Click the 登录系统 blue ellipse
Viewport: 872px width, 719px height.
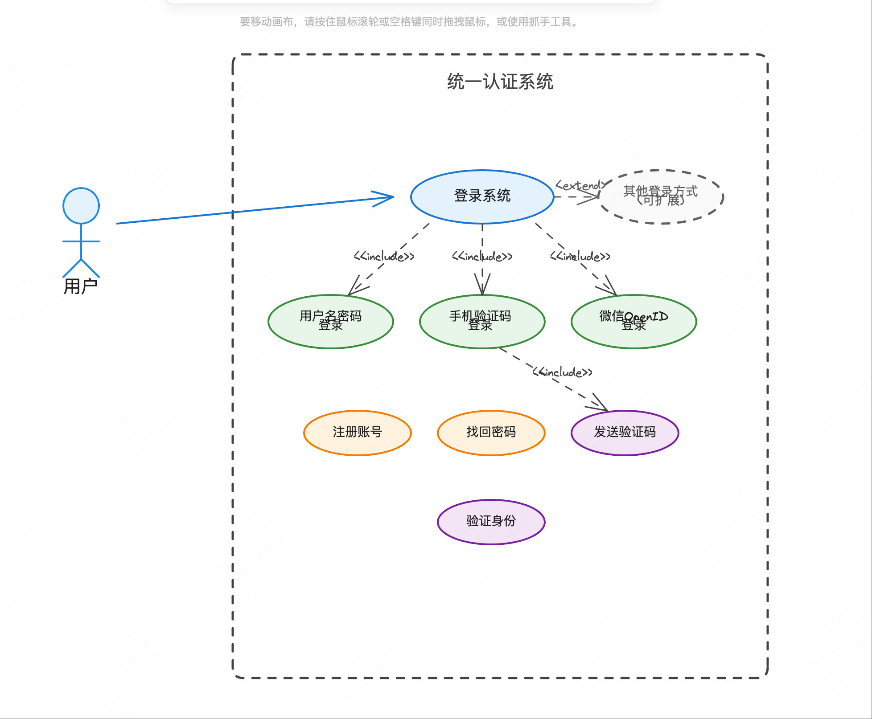coord(482,196)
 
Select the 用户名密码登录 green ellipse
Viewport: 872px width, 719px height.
coord(330,321)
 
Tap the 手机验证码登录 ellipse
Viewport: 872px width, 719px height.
coord(482,321)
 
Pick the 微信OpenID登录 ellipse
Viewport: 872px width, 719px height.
coord(633,321)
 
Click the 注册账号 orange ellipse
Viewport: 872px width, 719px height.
coord(357,433)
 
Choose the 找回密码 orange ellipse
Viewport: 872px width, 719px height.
coord(491,433)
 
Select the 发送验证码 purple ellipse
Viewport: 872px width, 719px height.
coord(625,433)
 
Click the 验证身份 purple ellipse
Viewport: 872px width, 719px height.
coord(491,522)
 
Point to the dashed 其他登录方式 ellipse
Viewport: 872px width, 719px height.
coord(661,196)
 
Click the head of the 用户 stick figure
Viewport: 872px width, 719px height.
coord(81,206)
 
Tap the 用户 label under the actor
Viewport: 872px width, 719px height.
coord(81,286)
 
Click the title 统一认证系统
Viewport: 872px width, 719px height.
coord(500,82)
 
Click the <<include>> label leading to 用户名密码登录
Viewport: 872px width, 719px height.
coord(384,257)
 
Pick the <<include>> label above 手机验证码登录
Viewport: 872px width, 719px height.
coord(482,257)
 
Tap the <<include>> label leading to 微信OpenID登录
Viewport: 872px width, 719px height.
coord(580,257)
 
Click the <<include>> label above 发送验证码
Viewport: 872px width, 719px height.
coord(563,372)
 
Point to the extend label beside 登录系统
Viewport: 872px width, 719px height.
coord(581,185)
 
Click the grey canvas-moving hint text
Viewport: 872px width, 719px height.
coord(410,22)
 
